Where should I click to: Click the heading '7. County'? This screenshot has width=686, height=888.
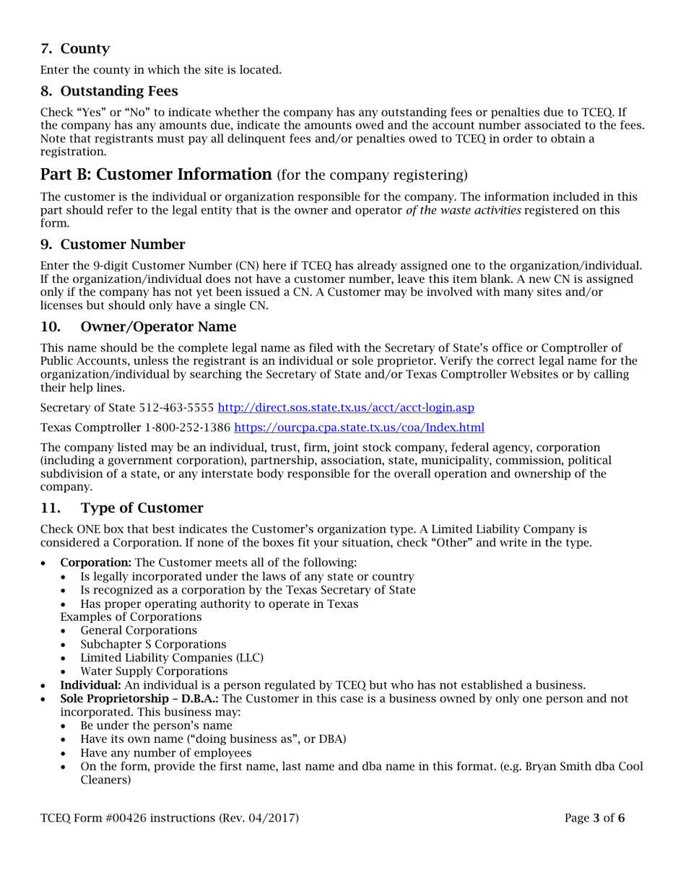(75, 49)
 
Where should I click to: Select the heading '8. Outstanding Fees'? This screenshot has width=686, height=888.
(109, 91)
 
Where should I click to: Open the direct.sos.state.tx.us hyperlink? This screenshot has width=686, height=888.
(346, 407)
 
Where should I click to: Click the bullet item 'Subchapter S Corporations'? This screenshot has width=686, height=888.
(153, 644)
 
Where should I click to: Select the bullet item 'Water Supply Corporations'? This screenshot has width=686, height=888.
(154, 671)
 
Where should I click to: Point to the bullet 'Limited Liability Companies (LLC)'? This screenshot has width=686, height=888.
(172, 658)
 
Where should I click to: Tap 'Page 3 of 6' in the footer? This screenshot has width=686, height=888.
(594, 818)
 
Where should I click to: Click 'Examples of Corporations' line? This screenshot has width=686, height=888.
(131, 617)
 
